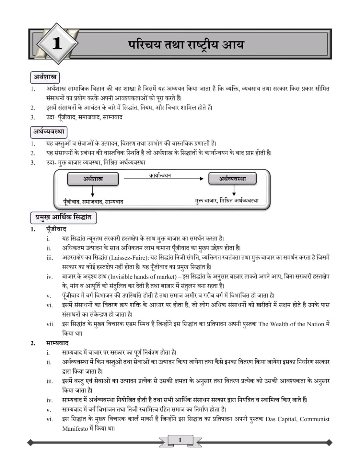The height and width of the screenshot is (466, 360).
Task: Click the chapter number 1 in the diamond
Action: point(57,44)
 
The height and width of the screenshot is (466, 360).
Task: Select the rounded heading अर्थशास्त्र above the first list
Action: point(45,77)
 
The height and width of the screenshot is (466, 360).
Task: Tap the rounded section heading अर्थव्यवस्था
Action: point(49,131)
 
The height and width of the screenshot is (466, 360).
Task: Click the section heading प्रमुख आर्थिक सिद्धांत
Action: point(63,218)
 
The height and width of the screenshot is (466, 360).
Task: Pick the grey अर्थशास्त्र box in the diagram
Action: point(93,179)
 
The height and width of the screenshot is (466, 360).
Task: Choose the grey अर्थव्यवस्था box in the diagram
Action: point(232,179)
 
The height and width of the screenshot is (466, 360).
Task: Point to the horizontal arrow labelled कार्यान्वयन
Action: point(163,179)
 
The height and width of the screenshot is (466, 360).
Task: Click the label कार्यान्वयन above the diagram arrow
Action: point(160,175)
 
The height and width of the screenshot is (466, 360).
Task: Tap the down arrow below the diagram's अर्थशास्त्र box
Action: point(93,191)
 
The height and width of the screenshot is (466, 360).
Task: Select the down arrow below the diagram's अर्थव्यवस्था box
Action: point(234,190)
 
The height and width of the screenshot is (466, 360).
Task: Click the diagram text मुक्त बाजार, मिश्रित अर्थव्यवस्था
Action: point(227,200)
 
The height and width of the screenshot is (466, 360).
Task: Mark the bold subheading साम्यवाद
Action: point(57,343)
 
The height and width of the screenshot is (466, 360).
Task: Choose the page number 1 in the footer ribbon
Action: point(180,440)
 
